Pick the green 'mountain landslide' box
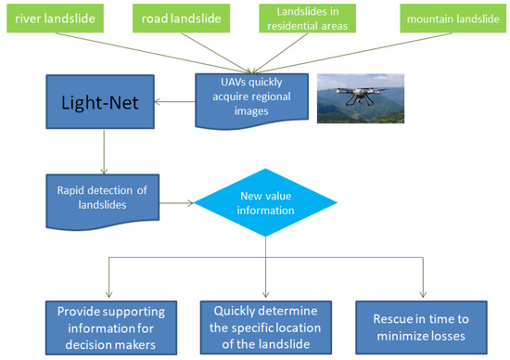[448, 18]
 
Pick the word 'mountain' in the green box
[427, 18]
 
